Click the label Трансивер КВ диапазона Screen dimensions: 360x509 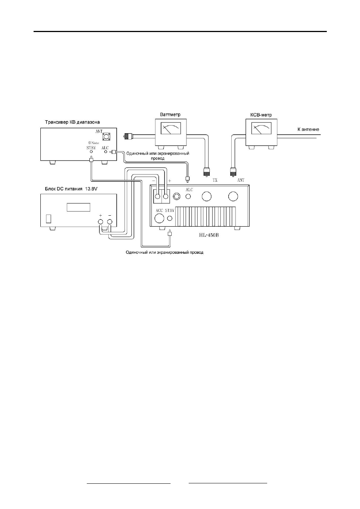[72, 122]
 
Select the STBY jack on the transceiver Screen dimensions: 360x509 [91, 152]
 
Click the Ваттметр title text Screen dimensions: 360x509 [170, 115]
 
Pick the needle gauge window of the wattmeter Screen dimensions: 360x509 [171, 129]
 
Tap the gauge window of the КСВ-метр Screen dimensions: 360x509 [262, 128]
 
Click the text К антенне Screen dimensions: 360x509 [308, 129]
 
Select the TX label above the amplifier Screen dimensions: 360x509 [215, 180]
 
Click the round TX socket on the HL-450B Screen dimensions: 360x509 [206, 196]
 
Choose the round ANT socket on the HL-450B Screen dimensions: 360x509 [233, 196]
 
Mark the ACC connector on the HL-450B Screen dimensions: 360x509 [159, 218]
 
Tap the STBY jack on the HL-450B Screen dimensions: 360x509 [170, 218]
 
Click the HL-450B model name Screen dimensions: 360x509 [208, 235]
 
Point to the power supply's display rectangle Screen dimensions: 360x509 [78, 207]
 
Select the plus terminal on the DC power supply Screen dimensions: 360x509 [100, 222]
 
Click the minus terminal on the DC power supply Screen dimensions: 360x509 [110, 222]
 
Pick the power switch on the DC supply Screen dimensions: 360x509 [48, 219]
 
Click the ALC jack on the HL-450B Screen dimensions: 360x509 [188, 196]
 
